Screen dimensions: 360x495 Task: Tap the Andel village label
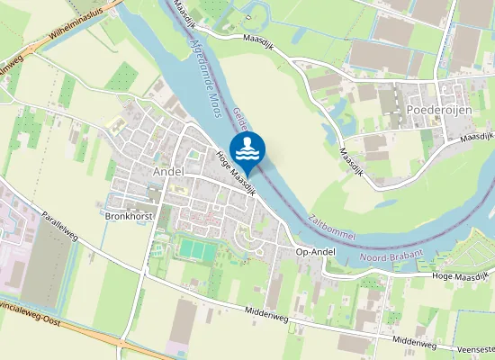point(168,170)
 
